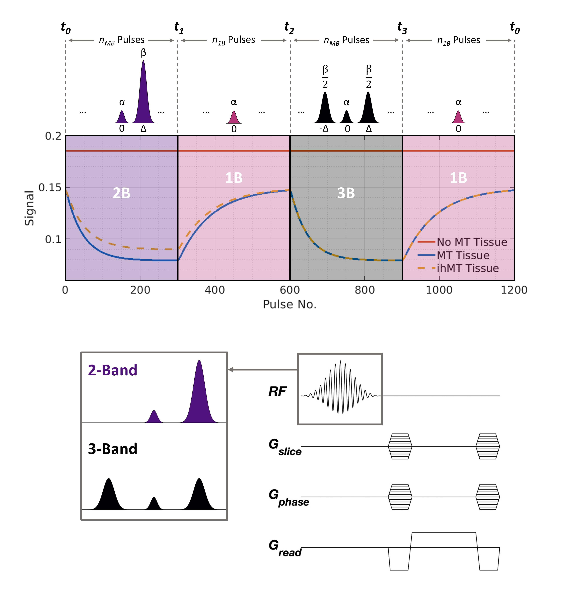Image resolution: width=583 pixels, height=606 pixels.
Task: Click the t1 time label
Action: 179,28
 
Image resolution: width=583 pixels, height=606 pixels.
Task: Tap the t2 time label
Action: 289,28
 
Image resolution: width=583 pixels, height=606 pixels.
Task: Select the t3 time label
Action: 402,28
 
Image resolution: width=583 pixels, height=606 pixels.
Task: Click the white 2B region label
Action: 122,193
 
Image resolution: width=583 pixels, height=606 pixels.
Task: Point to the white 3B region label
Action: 346,193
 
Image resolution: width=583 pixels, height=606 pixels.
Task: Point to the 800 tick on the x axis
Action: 365,290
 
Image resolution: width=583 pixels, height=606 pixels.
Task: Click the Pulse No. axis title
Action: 289,305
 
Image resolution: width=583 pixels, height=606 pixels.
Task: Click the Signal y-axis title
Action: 29,208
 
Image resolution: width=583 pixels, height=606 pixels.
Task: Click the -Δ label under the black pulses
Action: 324,128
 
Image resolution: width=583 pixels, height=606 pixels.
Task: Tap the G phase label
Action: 288,498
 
